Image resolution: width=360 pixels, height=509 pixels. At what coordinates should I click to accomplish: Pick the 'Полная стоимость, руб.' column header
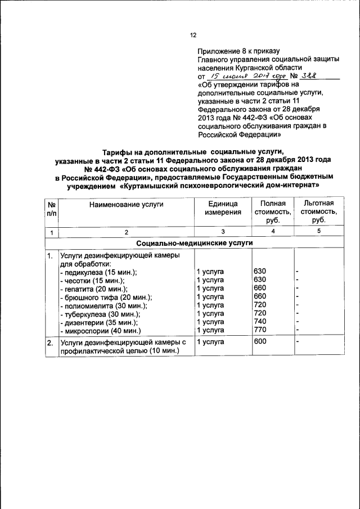(273, 211)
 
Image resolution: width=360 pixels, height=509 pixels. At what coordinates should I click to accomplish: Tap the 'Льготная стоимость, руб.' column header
(318, 211)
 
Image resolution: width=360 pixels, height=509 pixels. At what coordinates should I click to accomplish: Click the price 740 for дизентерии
(260, 321)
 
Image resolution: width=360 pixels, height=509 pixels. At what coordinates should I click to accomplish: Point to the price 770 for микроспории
(260, 330)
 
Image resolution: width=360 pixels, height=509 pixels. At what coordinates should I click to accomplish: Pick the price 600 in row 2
(260, 342)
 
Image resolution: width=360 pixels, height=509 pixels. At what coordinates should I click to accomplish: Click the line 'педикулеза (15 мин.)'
(98, 272)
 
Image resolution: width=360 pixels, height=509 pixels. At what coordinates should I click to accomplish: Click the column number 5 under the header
(318, 232)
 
